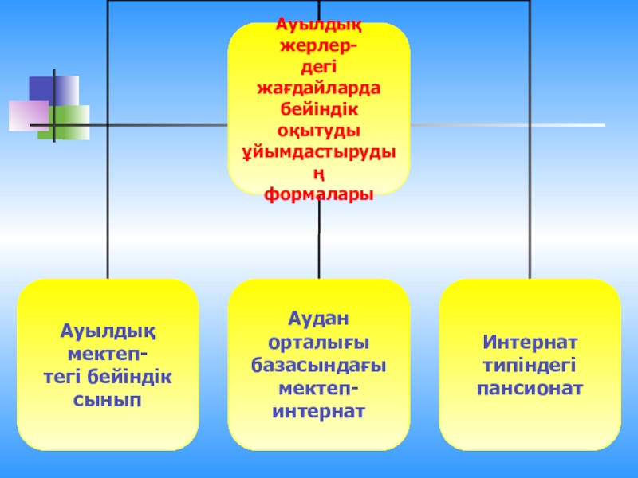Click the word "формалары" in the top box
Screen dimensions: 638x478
[319, 194]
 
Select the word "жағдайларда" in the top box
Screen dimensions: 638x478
[319, 87]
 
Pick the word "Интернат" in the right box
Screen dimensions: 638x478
[530, 343]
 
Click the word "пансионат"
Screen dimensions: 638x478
[530, 389]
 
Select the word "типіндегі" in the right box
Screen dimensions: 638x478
[530, 366]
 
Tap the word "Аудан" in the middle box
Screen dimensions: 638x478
[319, 319]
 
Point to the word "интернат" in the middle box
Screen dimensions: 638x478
[319, 412]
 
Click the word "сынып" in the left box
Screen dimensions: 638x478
[108, 400]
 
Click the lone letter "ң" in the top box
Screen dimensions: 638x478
[319, 173]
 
